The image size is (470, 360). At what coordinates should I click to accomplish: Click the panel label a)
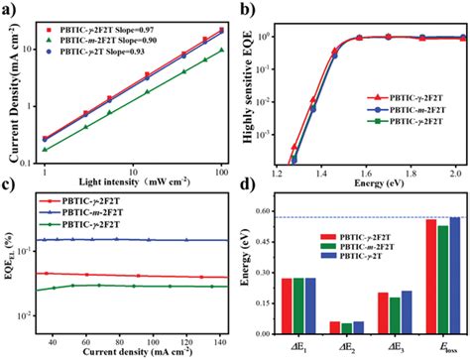[10, 9]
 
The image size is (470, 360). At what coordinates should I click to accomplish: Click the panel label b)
[245, 9]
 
